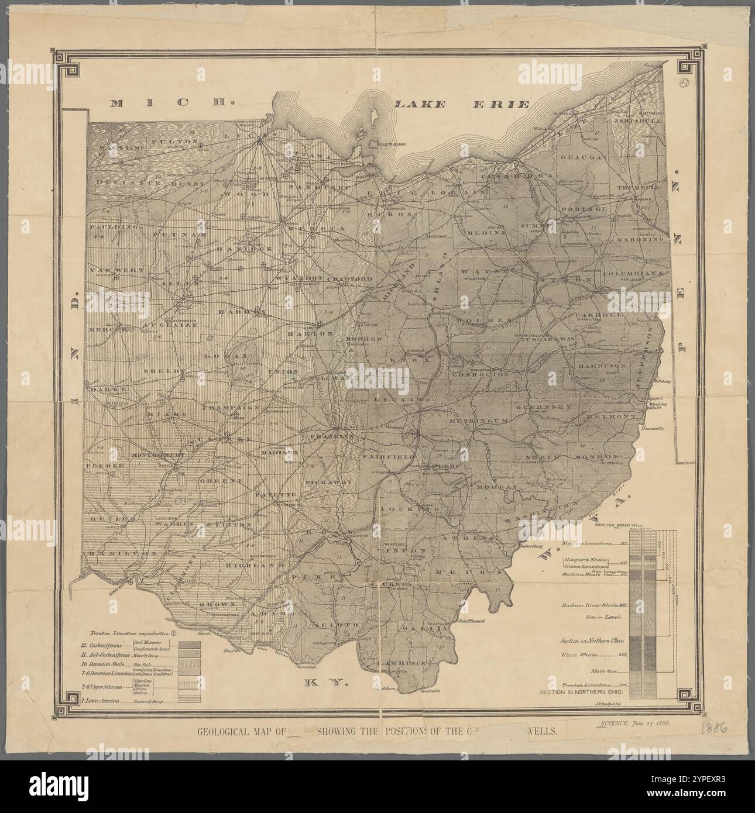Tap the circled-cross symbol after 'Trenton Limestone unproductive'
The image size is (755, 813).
[173, 632]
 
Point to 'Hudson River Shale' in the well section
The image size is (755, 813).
[591, 606]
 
